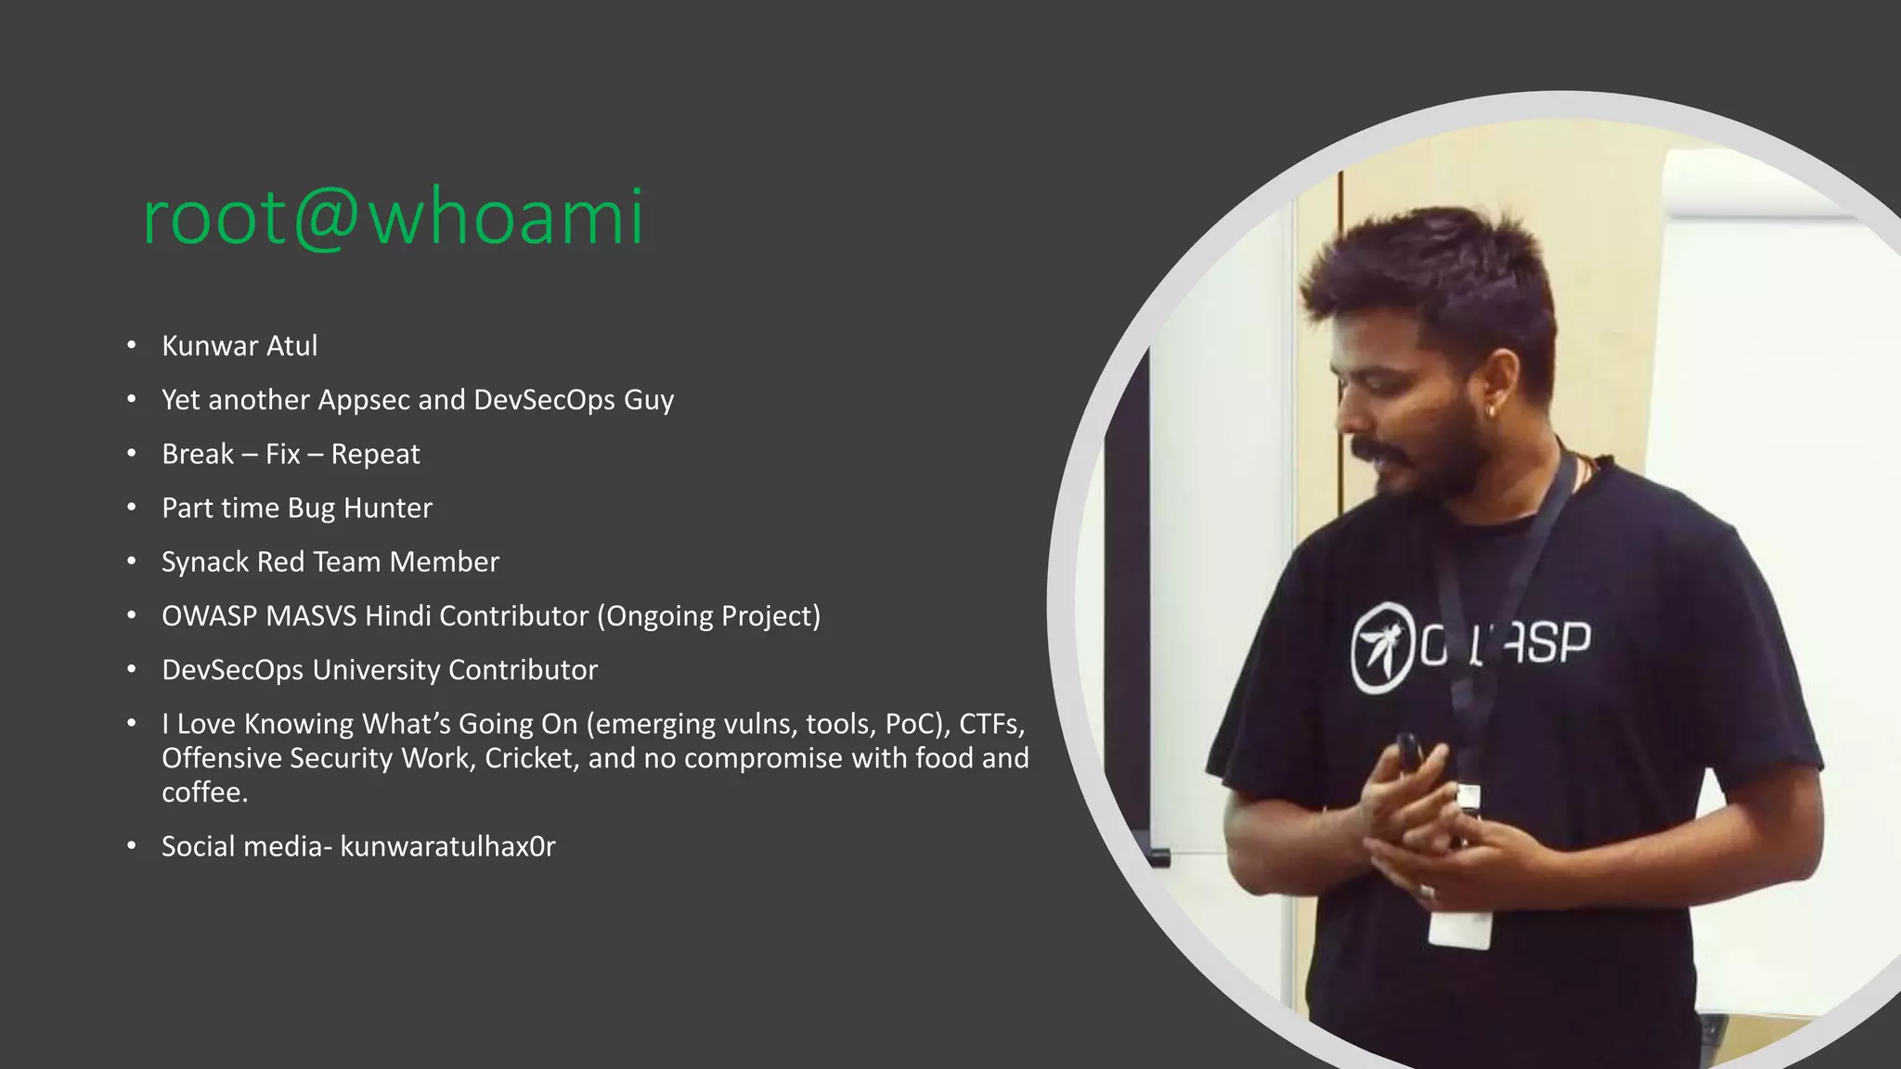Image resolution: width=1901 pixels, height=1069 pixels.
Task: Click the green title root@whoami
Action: [393, 217]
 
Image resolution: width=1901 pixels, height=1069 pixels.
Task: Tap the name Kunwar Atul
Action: [239, 346]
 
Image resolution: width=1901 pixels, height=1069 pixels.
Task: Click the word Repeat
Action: [375, 454]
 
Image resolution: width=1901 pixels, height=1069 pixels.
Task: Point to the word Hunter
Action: [387, 508]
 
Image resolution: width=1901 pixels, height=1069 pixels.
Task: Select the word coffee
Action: [204, 792]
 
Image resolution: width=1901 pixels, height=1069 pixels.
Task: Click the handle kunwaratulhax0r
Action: [447, 846]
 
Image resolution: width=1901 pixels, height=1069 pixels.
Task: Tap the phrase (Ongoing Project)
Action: [708, 615]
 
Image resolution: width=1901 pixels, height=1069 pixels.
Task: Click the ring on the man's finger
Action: [1428, 892]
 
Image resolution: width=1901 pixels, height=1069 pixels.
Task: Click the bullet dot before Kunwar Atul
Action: [132, 346]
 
